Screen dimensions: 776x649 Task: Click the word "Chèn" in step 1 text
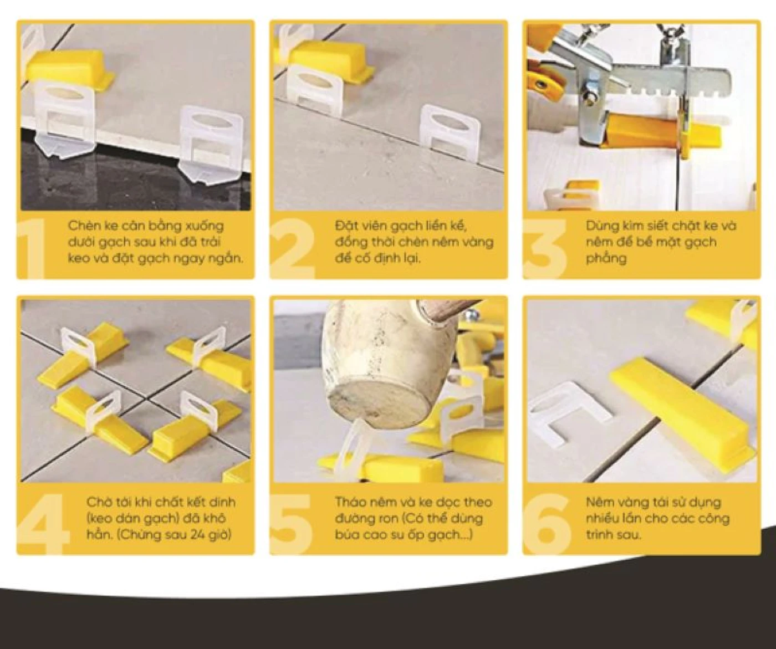83,226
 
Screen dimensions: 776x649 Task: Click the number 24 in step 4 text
193,535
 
